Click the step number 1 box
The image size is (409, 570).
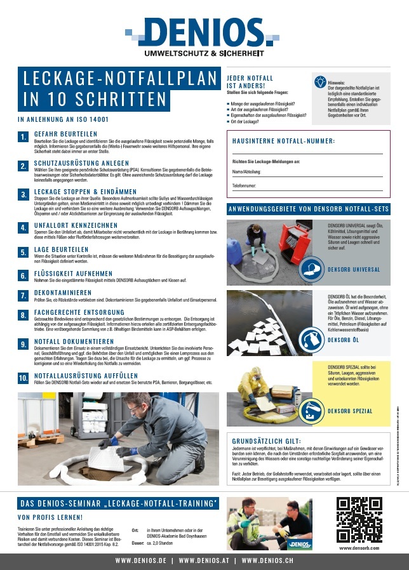[23, 137]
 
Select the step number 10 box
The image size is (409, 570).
[23, 378]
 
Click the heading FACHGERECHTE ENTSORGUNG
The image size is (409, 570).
[79, 312]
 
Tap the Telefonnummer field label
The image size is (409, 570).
[245, 185]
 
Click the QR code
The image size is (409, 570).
[359, 519]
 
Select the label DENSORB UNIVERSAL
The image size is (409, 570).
[354, 269]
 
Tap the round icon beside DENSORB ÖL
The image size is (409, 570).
[312, 340]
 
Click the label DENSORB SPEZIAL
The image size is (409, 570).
[350, 411]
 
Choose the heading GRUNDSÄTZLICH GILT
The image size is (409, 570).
[267, 441]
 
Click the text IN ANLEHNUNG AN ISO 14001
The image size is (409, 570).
[63, 119]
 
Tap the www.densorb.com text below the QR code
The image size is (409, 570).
[359, 547]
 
